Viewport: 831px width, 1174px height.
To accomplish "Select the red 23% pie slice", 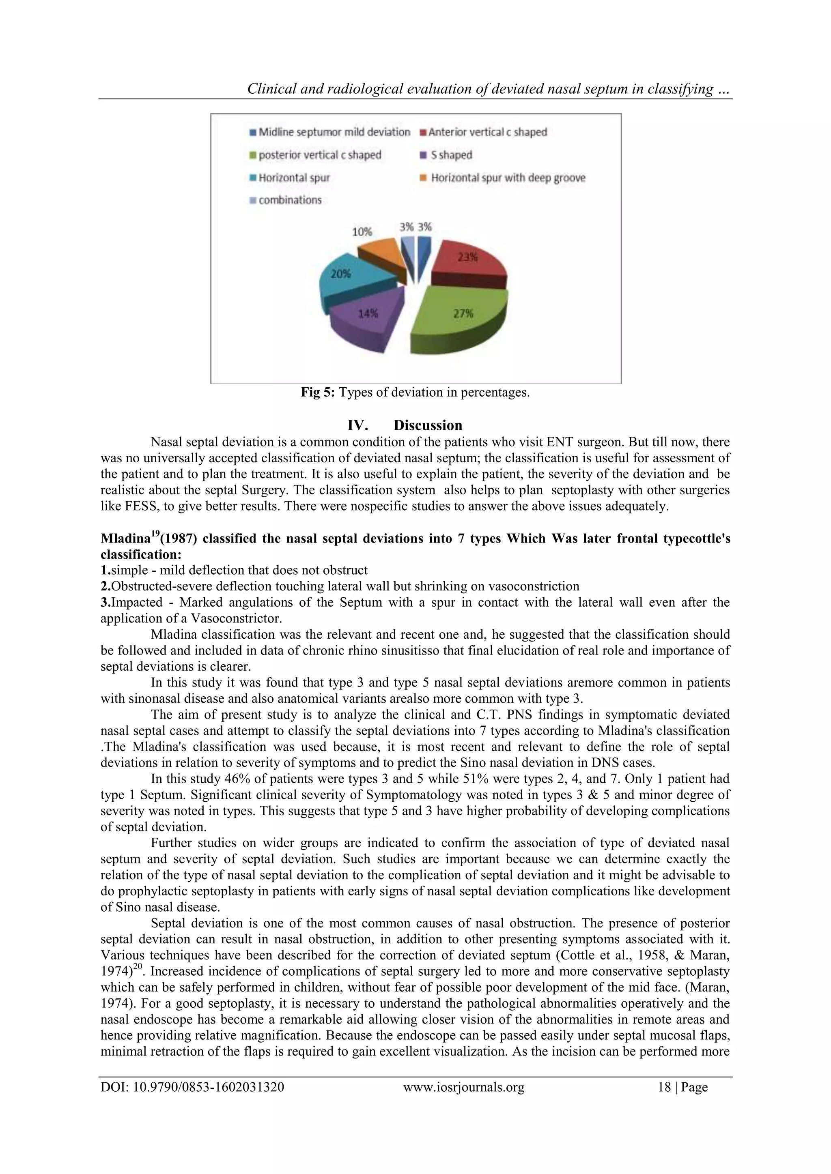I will (467, 263).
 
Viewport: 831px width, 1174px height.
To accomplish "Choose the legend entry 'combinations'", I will (290, 200).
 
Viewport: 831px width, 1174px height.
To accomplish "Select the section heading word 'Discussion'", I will (428, 425).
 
